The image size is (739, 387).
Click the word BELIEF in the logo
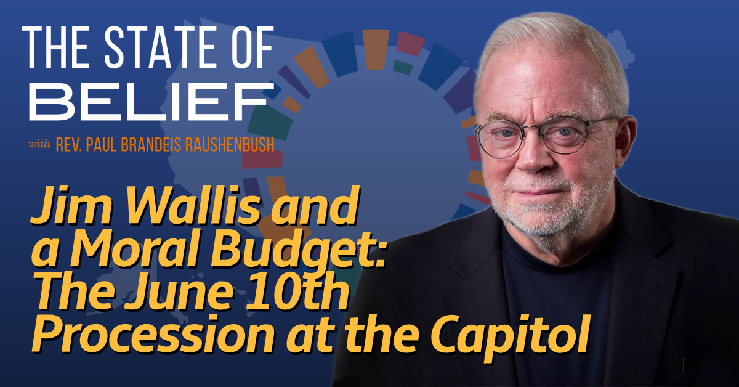151,102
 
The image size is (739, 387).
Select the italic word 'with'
39,144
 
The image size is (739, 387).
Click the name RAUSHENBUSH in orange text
230,145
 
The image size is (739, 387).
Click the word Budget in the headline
295,251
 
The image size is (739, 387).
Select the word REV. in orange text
68,145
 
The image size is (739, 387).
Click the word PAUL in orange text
101,145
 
